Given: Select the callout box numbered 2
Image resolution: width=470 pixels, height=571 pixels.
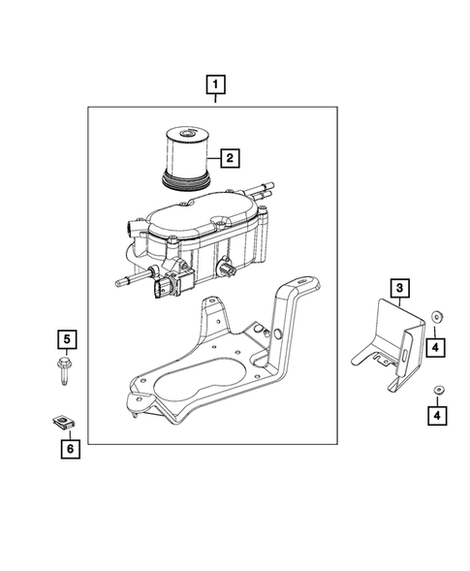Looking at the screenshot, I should click(230, 155).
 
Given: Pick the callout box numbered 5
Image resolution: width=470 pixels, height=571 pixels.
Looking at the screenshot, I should click(65, 339).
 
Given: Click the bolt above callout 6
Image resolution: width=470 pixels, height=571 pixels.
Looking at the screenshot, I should click(65, 374).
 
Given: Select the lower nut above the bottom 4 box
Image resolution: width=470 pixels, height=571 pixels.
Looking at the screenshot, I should click(437, 389).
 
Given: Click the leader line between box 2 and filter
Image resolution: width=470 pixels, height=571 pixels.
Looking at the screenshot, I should click(211, 156).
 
